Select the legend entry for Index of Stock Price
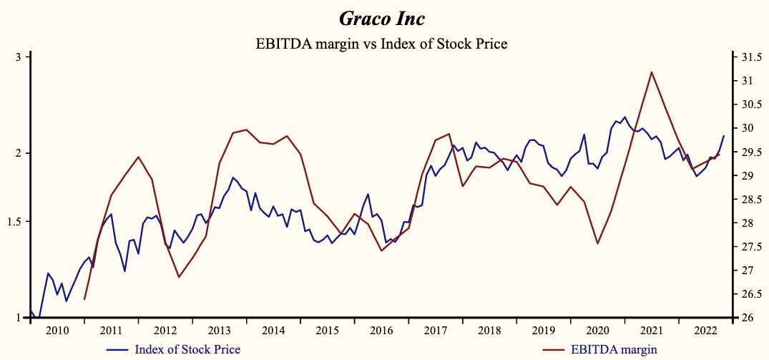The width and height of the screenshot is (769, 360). pos(187,349)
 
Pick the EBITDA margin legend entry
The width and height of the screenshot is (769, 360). pos(614,349)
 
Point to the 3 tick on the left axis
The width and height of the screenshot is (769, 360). pos(20,57)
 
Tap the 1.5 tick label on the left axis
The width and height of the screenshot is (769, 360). pos(16,222)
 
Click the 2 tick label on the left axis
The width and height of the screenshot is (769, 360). pos(20,153)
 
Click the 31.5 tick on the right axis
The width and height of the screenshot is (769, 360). pos(750,57)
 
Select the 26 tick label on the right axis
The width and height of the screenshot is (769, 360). pos(745,318)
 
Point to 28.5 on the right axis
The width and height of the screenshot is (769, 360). pos(750,200)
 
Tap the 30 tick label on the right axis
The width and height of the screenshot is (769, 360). pos(745,128)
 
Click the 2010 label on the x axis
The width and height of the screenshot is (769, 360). pos(57,330)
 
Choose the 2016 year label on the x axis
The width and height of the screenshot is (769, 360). pos(381,330)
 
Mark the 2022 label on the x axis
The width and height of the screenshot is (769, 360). pos(705,330)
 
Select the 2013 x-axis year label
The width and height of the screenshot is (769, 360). pos(219,330)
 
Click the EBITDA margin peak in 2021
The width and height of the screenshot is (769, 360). pos(651,72)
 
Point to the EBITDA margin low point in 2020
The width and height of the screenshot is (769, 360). pos(597,244)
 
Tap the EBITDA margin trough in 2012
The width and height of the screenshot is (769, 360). pos(178,277)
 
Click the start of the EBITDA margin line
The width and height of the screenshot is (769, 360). pos(84,299)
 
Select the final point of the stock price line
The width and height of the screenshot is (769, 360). pos(724,136)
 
